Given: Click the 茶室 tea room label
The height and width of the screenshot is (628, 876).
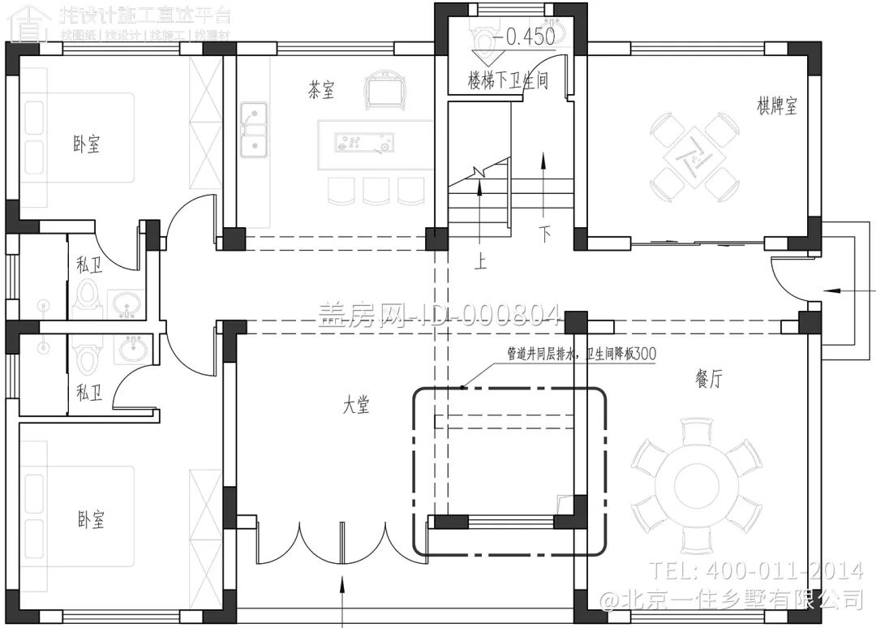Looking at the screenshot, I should tap(322, 89).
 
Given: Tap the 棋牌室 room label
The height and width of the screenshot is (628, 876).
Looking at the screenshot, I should tap(777, 106).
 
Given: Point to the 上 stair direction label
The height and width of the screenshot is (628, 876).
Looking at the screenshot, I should tap(482, 261).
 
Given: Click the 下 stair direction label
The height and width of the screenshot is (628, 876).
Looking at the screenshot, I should tap(545, 234).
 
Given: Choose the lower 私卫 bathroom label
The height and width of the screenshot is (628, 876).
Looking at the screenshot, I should tap(88, 393).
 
